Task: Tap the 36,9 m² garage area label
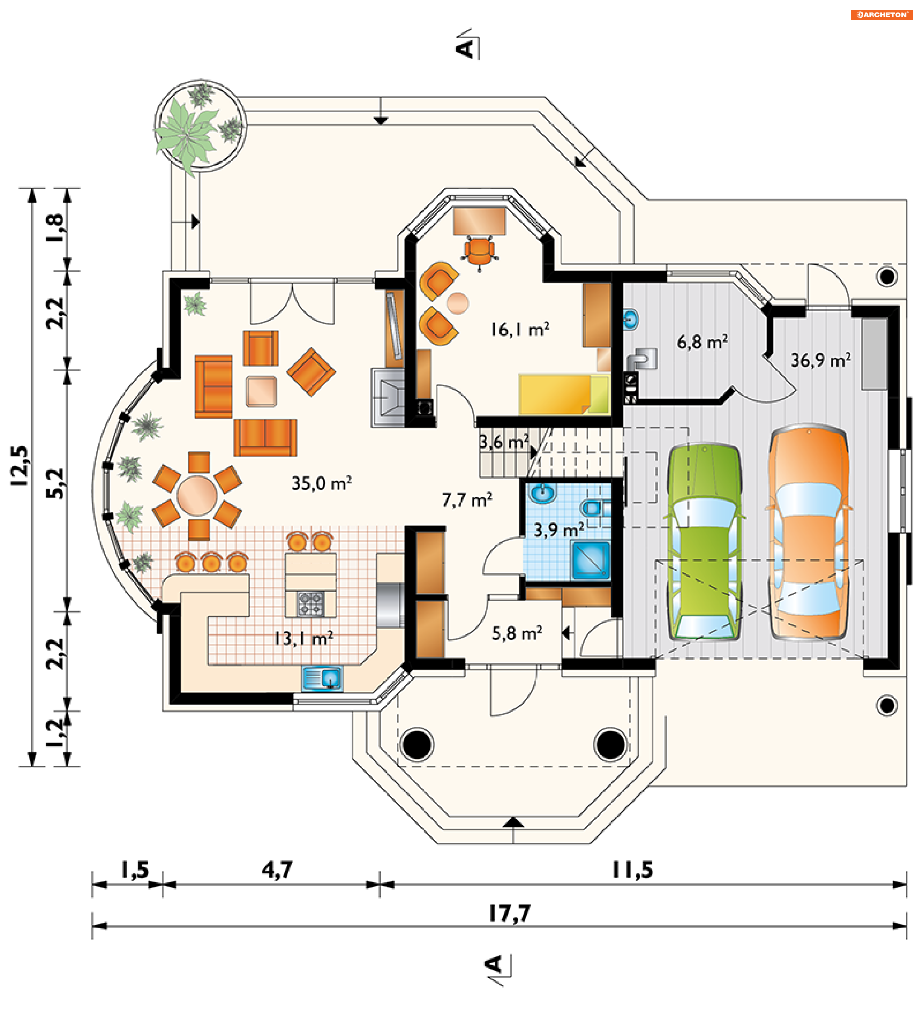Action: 821,360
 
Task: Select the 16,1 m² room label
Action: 520,330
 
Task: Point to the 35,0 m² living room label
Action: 321,483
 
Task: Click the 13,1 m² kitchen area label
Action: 303,639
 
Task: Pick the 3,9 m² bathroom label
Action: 559,530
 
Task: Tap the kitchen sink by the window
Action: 322,678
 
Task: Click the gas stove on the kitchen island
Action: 310,604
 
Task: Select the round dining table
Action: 197,496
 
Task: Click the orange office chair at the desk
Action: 479,251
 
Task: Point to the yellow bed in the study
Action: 564,394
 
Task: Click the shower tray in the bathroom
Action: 591,560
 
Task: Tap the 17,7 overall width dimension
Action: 510,914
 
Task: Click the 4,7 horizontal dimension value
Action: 277,869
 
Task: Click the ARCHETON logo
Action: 882,14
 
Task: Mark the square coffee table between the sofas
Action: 261,391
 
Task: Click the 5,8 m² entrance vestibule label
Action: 517,633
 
